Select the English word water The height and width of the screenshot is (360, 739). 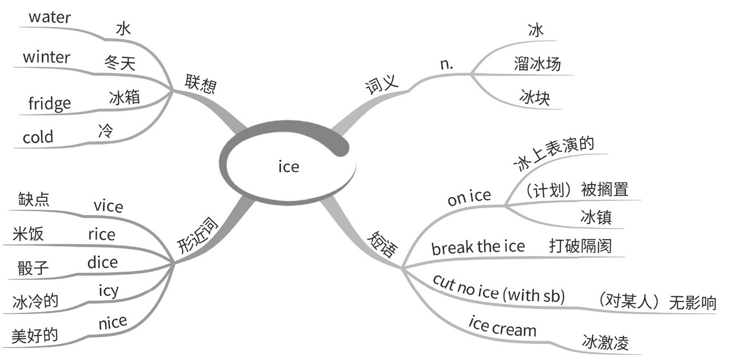coord(49,17)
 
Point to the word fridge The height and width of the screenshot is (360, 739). coord(49,103)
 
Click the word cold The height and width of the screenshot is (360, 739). coord(38,137)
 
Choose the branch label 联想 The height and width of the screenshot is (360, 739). coord(200,84)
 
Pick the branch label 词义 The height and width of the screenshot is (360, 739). coord(382,84)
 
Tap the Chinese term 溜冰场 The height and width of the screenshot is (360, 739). coord(537,64)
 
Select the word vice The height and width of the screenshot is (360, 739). coord(108,206)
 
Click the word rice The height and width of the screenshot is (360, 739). coord(101,234)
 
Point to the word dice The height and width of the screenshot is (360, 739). coord(102,262)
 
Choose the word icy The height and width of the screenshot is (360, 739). coord(109,291)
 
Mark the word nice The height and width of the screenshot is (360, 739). coord(112,322)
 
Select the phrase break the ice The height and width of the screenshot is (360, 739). coord(478,246)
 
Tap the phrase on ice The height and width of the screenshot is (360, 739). coord(469,198)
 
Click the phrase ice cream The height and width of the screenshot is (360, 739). coord(502,327)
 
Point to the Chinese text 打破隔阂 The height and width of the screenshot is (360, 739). coord(580,245)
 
